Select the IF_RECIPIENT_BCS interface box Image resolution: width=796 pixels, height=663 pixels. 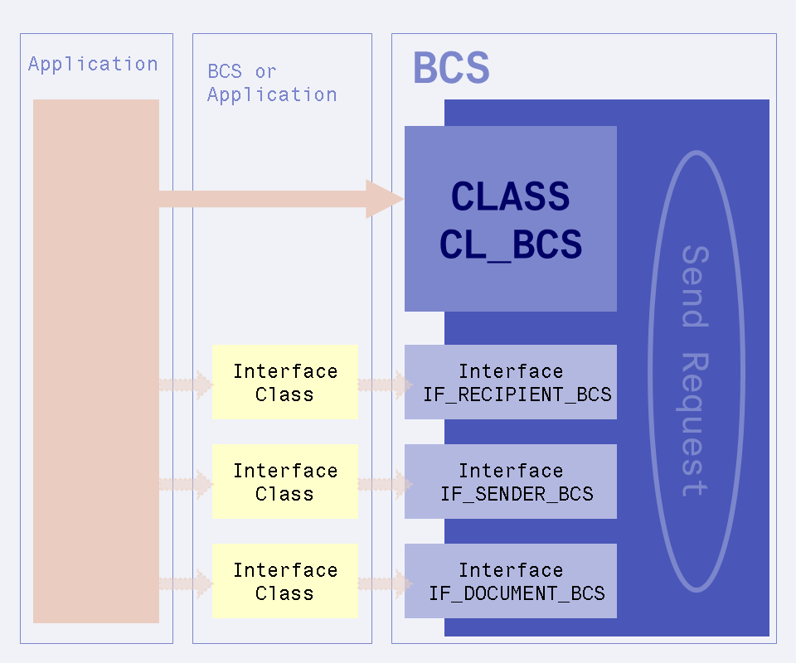[511, 382]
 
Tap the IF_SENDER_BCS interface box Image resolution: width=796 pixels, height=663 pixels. [511, 482]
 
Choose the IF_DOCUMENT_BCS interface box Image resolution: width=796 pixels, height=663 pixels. [511, 581]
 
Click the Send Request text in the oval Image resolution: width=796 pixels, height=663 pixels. [694, 370]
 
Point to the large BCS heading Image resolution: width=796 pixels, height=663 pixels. [451, 68]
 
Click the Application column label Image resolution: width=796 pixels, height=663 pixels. [93, 64]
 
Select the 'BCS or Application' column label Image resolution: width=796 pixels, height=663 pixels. [272, 83]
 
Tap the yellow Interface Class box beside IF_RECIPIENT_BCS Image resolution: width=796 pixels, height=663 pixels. [284, 382]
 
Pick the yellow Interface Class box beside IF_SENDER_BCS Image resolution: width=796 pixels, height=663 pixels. [284, 482]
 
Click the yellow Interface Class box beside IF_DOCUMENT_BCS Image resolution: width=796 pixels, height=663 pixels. [284, 581]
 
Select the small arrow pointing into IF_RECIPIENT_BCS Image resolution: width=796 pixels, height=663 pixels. [386, 385]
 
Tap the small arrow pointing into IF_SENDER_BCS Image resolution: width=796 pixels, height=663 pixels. [386, 484]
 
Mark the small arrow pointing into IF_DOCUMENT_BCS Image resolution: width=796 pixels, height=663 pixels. [386, 583]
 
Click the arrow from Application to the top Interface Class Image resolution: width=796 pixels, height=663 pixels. [187, 385]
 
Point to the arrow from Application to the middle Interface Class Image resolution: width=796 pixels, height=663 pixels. [187, 484]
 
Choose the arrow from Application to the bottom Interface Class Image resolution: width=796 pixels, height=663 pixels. [187, 583]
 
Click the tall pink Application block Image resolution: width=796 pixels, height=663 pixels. [95, 361]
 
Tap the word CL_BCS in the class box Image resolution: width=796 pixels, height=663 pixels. [510, 245]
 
